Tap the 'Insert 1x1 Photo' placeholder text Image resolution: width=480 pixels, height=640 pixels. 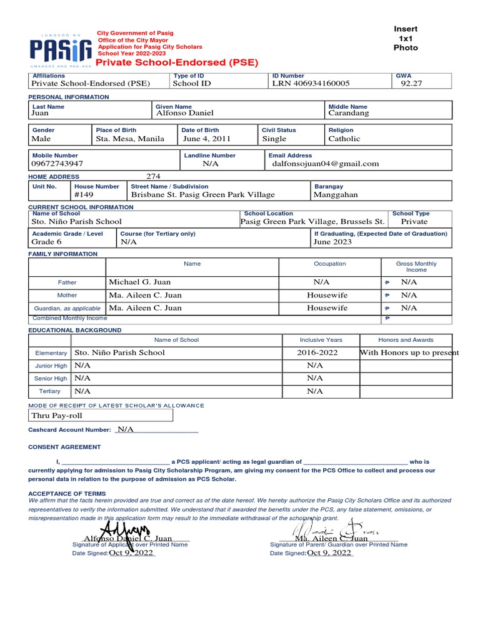405,38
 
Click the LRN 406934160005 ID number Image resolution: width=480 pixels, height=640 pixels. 311,83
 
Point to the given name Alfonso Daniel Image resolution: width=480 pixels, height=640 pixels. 184,113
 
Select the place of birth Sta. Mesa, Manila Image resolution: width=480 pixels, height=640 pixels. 130,139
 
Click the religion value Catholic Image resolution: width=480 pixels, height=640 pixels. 344,139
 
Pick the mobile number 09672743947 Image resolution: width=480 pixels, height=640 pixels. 57,164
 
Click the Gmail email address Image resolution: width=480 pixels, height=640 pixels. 325,164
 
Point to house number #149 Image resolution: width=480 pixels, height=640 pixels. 84,195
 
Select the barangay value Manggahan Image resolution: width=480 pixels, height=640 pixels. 336,195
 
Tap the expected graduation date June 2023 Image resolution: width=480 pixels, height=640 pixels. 332,242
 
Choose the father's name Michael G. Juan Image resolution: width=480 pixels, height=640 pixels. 139,282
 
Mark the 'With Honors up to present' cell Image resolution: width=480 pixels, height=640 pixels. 409,352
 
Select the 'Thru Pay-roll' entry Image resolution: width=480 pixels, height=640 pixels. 57,416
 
